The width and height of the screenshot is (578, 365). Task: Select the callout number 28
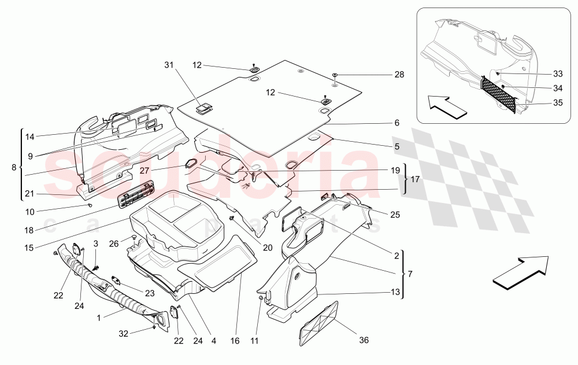click(399, 75)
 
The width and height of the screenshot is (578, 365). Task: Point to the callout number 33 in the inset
click(557, 74)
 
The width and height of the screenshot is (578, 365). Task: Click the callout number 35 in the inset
click(557, 103)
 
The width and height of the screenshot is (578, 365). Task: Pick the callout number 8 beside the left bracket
click(14, 168)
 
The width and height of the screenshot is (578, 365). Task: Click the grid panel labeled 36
click(318, 323)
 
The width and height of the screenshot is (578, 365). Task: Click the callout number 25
click(395, 215)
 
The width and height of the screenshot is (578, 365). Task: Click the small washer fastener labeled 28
click(336, 75)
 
